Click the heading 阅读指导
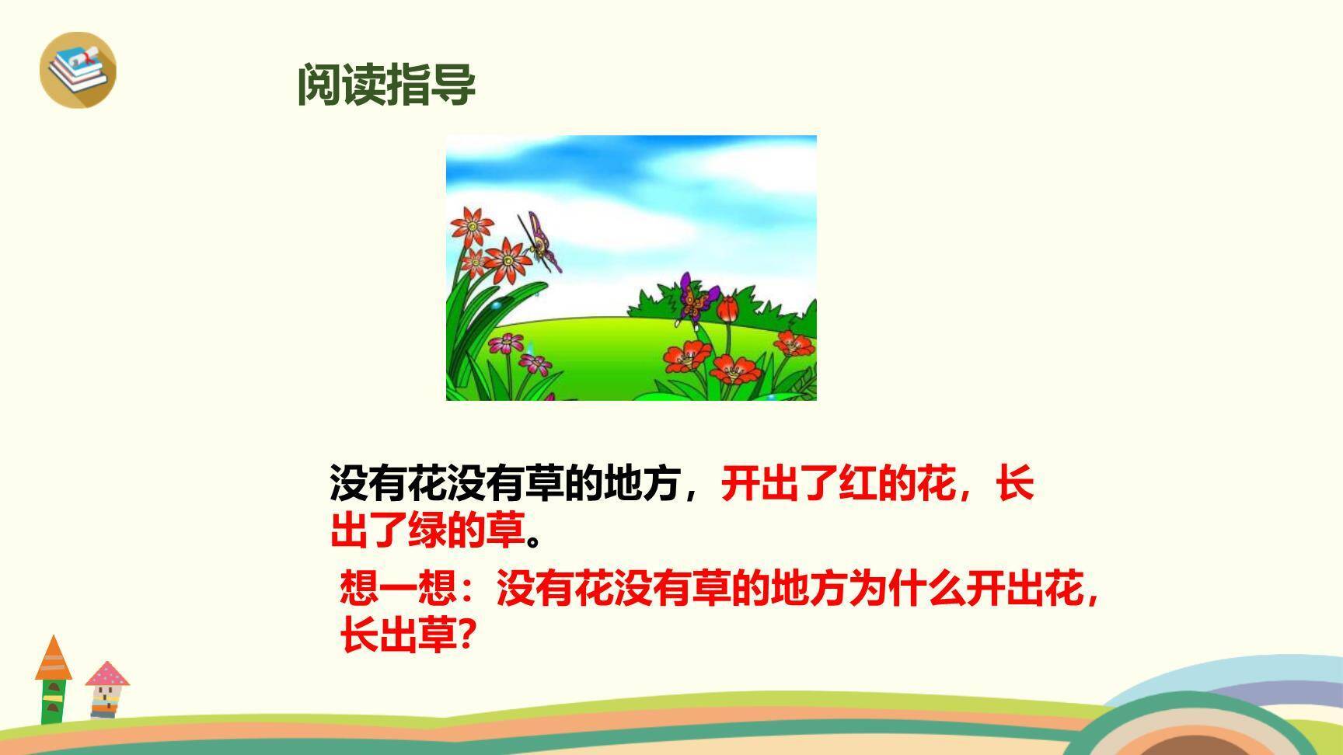pyautogui.click(x=386, y=85)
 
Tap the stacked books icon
pyautogui.click(x=77, y=68)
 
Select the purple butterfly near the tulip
pyautogui.click(x=696, y=297)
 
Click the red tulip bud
pyautogui.click(x=727, y=308)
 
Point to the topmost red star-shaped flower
pyautogui.click(x=471, y=224)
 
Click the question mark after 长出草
pyautogui.click(x=464, y=637)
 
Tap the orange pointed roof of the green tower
pyautogui.click(x=53, y=659)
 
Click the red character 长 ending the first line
pyautogui.click(x=1015, y=484)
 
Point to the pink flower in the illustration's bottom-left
pyautogui.click(x=507, y=343)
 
